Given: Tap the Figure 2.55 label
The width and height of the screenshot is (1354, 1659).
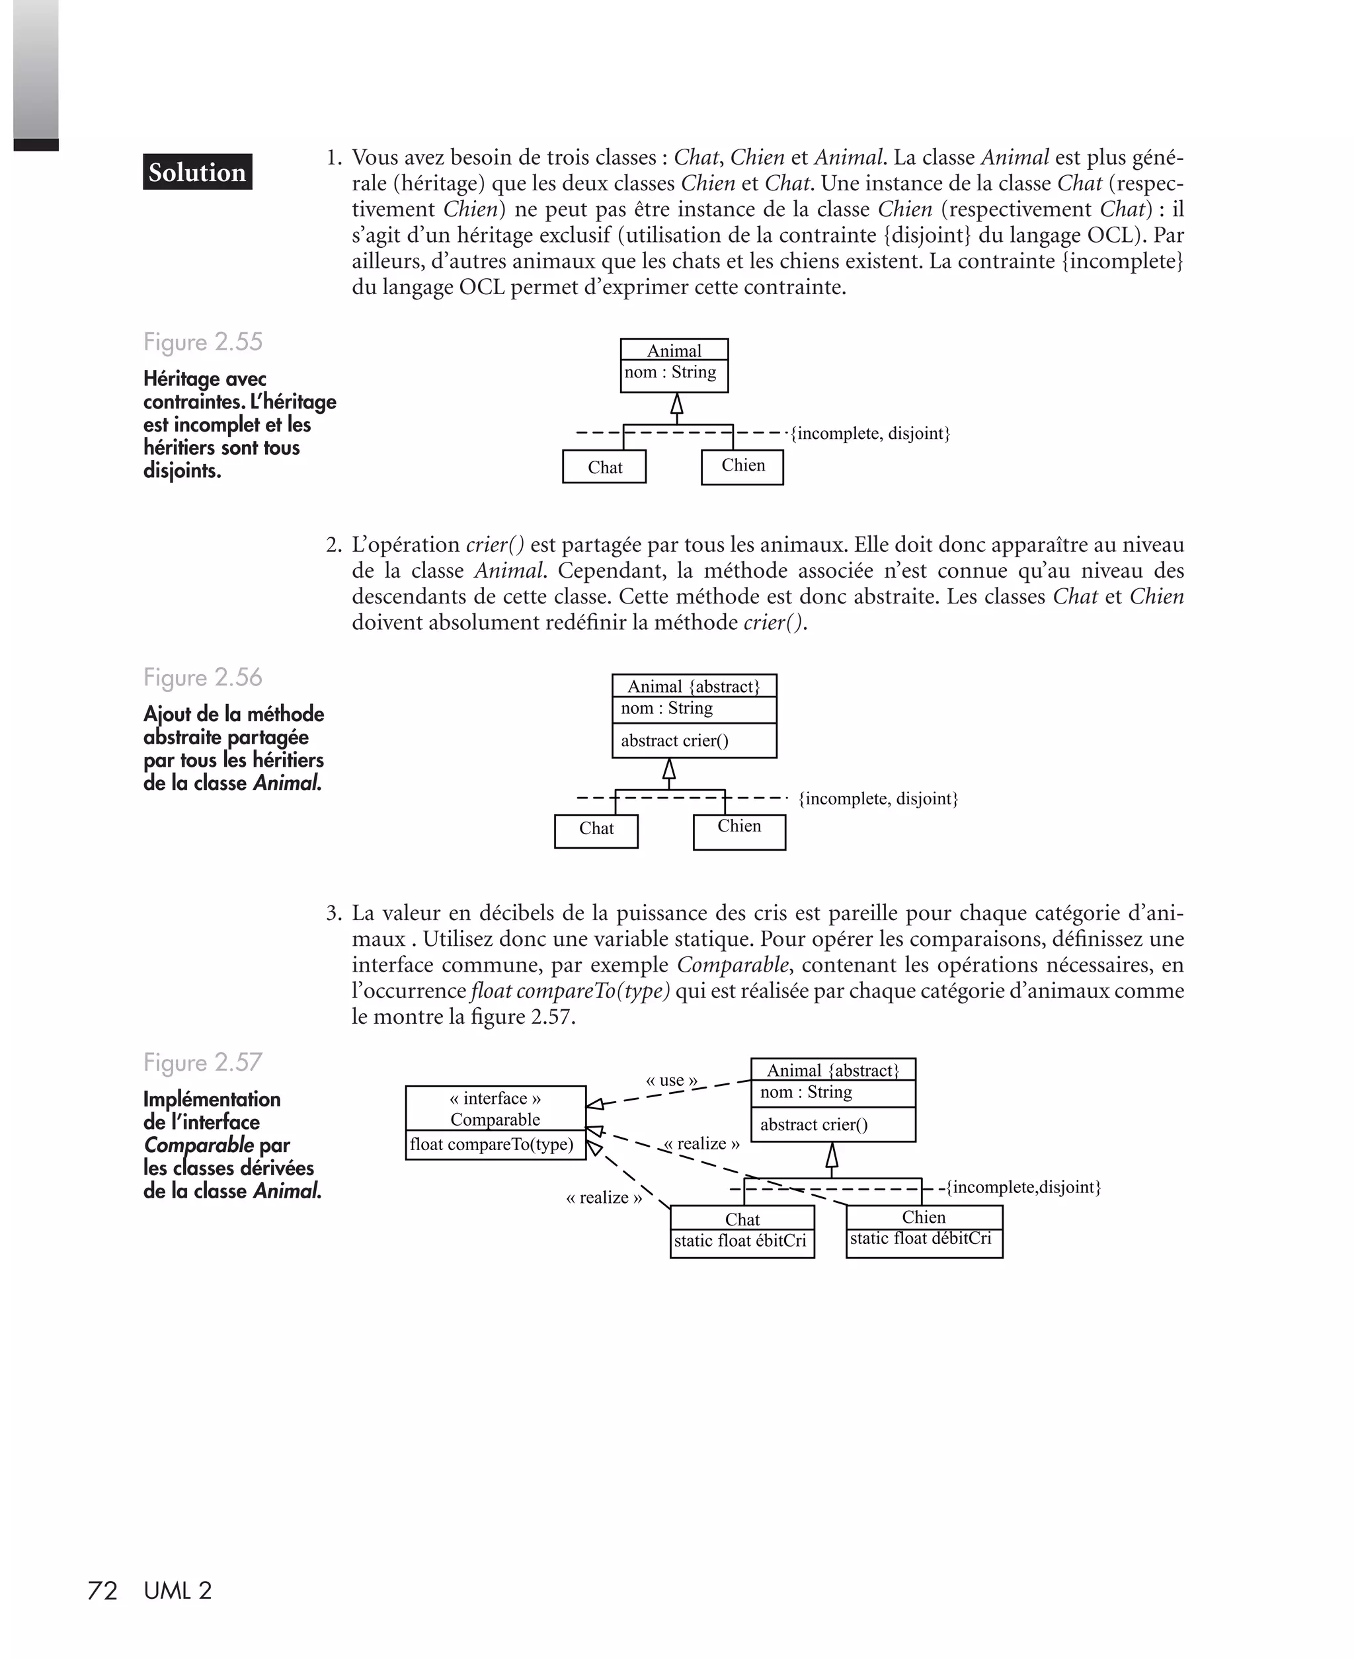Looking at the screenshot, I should click(203, 342).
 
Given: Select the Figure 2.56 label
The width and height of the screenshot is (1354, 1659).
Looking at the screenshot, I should click(203, 677).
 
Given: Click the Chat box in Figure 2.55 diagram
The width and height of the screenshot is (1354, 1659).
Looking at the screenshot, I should click(604, 467).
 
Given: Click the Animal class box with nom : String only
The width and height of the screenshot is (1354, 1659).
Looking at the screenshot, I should click(674, 366).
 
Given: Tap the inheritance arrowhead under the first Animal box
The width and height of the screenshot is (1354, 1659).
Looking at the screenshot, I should click(677, 404).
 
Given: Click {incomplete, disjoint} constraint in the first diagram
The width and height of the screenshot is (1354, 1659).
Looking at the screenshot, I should click(869, 434).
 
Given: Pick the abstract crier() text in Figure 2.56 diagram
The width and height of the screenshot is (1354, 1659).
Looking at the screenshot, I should click(674, 741).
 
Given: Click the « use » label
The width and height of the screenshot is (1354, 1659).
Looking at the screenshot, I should click(672, 1081).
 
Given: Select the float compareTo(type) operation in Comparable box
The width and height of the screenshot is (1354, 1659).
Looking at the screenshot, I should click(491, 1145).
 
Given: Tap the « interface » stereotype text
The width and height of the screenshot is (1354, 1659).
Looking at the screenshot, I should click(495, 1099).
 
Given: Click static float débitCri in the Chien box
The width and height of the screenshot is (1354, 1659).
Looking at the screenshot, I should click(920, 1238).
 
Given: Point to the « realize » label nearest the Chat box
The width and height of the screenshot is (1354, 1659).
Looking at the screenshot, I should click(604, 1198).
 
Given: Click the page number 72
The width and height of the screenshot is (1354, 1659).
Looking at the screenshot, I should click(102, 1590).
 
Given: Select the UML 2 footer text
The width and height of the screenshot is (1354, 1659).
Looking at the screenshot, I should click(178, 1590).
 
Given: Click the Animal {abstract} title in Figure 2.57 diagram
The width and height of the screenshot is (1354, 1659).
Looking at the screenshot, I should click(833, 1070).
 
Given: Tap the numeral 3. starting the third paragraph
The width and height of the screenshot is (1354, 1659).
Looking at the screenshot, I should click(334, 913).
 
